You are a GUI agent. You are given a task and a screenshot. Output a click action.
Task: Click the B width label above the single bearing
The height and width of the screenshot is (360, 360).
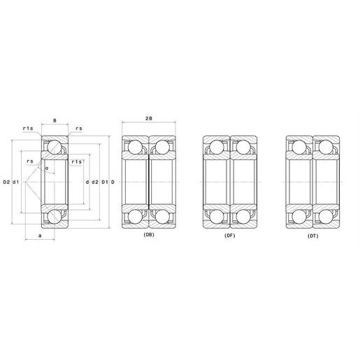(55, 121)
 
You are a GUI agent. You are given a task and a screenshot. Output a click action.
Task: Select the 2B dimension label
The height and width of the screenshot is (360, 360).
(149, 118)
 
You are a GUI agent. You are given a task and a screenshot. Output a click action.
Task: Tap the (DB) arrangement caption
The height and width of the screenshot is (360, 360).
(149, 235)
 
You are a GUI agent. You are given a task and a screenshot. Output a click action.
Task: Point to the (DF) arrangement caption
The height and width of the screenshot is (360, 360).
(230, 236)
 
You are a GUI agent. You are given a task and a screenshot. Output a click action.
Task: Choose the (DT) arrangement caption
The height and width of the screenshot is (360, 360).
(313, 236)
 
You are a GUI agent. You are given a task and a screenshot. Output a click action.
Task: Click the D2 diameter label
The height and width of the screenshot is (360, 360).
(6, 182)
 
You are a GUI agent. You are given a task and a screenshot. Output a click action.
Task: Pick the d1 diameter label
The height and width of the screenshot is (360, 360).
(15, 182)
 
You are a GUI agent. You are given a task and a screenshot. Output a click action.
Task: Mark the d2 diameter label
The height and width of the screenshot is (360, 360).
(95, 182)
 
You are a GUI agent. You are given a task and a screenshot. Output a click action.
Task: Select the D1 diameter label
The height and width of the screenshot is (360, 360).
(105, 182)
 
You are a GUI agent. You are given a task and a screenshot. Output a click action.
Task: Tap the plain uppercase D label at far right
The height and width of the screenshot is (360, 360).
(113, 182)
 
